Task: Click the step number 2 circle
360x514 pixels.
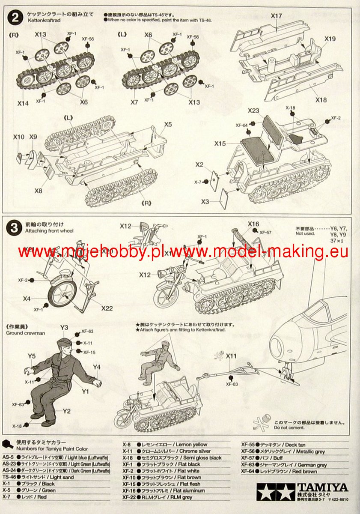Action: point(15,18)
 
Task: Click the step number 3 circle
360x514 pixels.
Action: point(15,227)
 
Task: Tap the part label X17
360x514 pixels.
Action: point(277,16)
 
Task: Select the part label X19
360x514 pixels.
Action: point(330,39)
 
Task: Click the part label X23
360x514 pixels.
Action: point(253,111)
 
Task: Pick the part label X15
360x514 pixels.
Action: point(220,144)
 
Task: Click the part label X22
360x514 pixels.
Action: point(107,308)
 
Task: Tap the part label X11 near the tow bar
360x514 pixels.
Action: point(231,356)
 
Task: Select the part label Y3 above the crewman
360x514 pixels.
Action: point(64,328)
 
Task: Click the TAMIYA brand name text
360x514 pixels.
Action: point(328,487)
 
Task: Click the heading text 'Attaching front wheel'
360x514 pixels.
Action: point(50,231)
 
